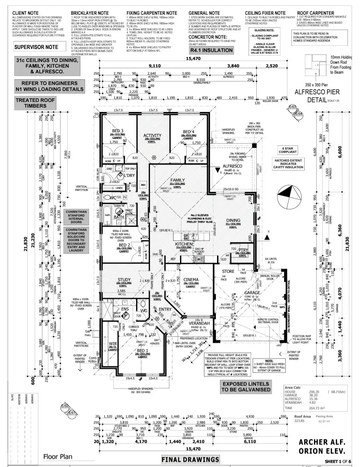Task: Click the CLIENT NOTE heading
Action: (25, 13)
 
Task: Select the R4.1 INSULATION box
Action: (211, 50)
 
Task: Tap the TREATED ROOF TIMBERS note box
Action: (35, 103)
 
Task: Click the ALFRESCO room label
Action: (232, 166)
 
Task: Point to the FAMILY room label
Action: (177, 180)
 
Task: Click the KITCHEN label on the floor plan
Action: (184, 244)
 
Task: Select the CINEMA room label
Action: (191, 280)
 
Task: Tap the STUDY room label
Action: (124, 280)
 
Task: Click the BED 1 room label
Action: (142, 351)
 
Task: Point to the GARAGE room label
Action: (252, 293)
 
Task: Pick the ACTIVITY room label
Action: (152, 136)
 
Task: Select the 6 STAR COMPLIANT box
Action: (288, 150)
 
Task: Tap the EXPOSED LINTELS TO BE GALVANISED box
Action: (246, 387)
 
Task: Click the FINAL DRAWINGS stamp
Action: (190, 460)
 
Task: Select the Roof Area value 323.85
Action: (299, 421)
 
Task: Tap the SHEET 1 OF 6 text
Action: (338, 461)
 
